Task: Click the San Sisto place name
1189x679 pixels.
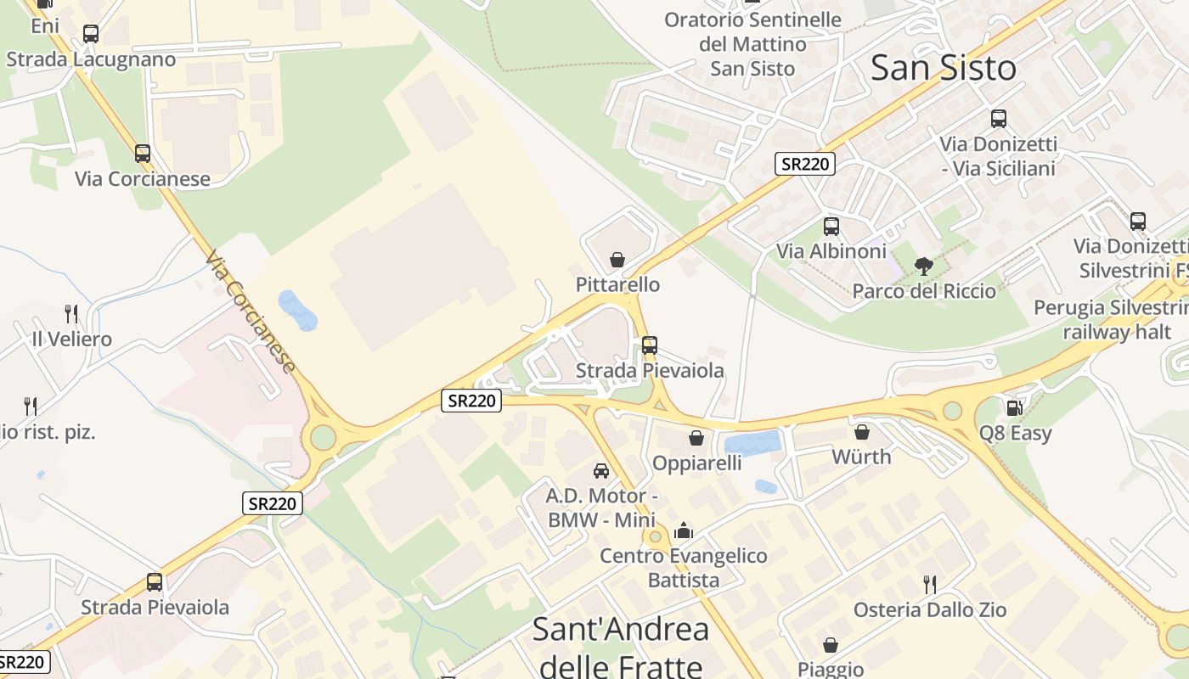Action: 943,68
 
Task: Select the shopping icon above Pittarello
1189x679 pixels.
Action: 617,260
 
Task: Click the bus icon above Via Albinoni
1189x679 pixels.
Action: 831,227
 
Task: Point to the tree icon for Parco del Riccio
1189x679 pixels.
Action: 924,267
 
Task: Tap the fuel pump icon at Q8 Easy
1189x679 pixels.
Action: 1013,408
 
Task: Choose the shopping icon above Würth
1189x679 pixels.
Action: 861,432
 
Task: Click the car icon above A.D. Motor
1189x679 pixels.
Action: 601,470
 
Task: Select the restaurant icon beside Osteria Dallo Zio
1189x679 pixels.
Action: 930,584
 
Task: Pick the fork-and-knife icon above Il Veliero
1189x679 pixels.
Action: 71,314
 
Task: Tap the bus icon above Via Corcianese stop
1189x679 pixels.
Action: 143,154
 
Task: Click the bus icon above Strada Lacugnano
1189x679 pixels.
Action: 90,34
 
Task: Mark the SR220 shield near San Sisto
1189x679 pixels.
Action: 804,164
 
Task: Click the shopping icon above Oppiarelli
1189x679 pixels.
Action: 696,438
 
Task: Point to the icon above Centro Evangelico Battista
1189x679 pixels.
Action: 683,531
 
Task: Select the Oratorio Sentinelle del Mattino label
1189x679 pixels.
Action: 752,44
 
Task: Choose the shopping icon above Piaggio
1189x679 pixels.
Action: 830,646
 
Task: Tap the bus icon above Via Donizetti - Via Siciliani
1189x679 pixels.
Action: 998,119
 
